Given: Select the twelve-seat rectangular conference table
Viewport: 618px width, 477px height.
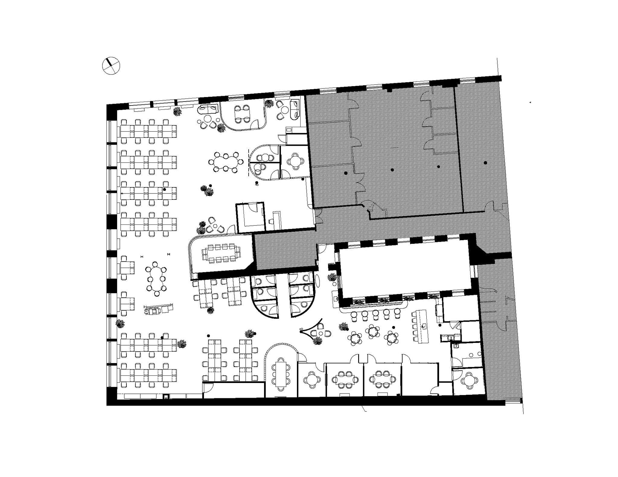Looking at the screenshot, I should pos(221,253).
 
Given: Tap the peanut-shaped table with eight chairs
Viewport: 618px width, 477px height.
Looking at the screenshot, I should pos(226,162).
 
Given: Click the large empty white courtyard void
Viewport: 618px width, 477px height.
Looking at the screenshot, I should pos(404,269).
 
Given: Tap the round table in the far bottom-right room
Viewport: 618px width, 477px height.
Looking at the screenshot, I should pos(469,381).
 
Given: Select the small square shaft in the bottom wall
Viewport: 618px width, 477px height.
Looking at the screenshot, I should pos(166,397).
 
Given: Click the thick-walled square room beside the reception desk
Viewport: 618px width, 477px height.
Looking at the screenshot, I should pos(250,216).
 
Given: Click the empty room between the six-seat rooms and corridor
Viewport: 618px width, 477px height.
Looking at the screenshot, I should pos(419,378).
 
